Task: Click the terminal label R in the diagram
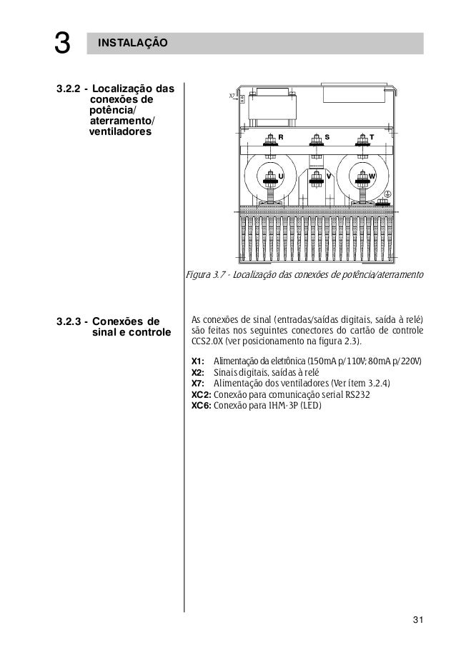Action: pyautogui.click(x=281, y=136)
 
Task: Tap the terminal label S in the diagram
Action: pyautogui.click(x=327, y=136)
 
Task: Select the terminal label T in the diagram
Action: pyautogui.click(x=372, y=136)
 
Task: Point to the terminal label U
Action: pyautogui.click(x=281, y=175)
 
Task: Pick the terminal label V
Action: pyautogui.click(x=327, y=175)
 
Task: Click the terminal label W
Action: pyautogui.click(x=372, y=175)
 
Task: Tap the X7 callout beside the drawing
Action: pyautogui.click(x=232, y=94)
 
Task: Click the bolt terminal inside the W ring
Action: pyautogui.click(x=360, y=176)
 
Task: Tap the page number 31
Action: pyautogui.click(x=418, y=619)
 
